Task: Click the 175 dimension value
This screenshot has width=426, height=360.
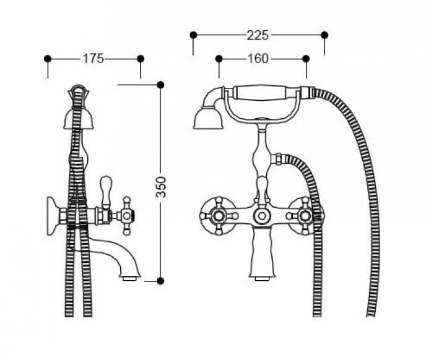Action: coord(93,59)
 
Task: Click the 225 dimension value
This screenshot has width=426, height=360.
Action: coord(258,35)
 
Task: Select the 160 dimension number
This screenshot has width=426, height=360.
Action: coord(258,59)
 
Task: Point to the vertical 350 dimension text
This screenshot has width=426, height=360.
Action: coord(160,187)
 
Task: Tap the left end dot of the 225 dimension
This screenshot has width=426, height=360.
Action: coord(193,35)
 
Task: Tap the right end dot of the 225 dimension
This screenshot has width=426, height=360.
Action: coord(324,35)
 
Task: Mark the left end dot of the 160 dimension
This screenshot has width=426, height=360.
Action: coord(219,59)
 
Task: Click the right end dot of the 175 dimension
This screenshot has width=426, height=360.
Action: coord(141,59)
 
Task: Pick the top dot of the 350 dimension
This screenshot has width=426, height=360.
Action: coord(160,85)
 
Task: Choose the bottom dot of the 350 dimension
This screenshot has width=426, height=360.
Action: coord(160,281)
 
